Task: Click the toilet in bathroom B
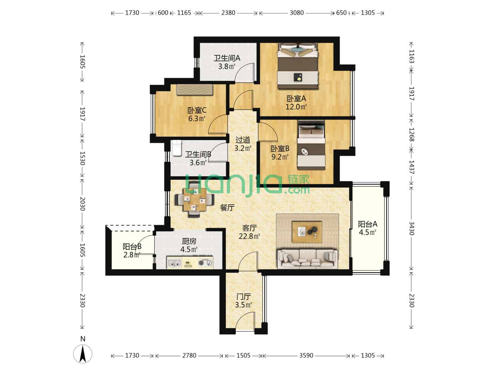[177, 148]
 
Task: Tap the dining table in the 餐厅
[195, 199]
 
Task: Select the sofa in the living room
[307, 259]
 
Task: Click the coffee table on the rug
[307, 232]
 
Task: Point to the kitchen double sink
[174, 263]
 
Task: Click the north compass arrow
[83, 354]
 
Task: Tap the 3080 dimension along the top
[297, 13]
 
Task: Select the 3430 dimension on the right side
[411, 228]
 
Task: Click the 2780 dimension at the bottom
[189, 356]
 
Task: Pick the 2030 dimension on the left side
[82, 204]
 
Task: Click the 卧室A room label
[296, 99]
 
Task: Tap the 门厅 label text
[244, 297]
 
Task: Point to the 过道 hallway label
[243, 140]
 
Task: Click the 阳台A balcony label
[367, 224]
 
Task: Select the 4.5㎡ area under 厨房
[189, 249]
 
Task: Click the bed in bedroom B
[311, 145]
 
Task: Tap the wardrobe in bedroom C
[195, 89]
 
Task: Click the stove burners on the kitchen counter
[205, 263]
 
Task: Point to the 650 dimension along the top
[341, 13]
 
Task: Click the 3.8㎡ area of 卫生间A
[227, 66]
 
